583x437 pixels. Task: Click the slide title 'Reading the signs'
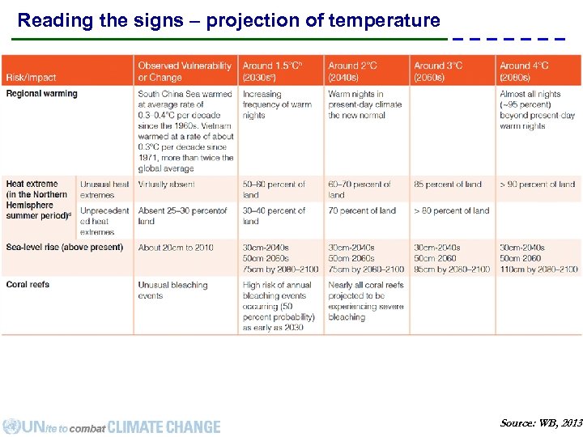[x=228, y=20]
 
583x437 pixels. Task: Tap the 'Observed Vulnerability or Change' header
[x=185, y=71]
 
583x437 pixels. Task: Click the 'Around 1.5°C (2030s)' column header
[x=274, y=71]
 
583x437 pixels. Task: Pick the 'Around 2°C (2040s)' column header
[x=352, y=71]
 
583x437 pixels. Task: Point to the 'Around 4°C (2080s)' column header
[x=524, y=71]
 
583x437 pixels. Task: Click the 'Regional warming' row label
[x=41, y=94]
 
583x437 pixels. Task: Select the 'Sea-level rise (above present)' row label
[x=64, y=248]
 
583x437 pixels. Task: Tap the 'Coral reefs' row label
[x=28, y=285]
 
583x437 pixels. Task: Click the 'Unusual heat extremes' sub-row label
[x=104, y=189]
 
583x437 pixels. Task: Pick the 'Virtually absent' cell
[x=166, y=185]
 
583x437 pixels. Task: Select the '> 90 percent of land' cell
[x=537, y=185]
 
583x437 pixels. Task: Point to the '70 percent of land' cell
[x=362, y=210]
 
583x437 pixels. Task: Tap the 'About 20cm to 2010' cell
[x=176, y=248]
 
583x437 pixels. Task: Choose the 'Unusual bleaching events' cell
[x=172, y=291]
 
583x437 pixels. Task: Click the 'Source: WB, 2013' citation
[x=540, y=423]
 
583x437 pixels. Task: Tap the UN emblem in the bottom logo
[x=11, y=426]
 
